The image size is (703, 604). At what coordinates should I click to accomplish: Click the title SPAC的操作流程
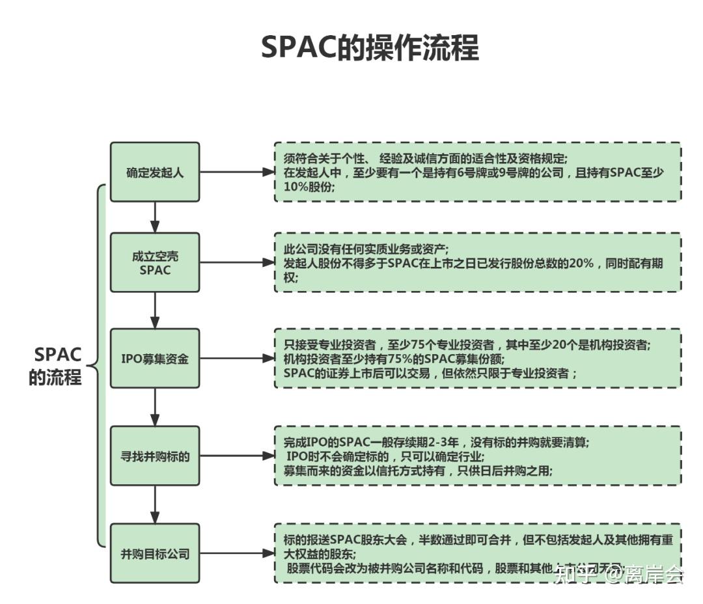(x=370, y=48)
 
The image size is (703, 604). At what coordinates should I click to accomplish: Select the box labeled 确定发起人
(x=155, y=172)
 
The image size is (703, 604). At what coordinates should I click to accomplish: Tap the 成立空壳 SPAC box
(x=155, y=262)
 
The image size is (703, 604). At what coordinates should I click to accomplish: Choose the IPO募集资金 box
(x=155, y=359)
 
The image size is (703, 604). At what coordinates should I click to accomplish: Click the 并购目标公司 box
(x=155, y=554)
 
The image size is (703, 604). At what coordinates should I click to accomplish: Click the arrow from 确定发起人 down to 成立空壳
(x=155, y=217)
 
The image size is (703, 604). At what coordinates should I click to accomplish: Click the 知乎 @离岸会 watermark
(x=618, y=574)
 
